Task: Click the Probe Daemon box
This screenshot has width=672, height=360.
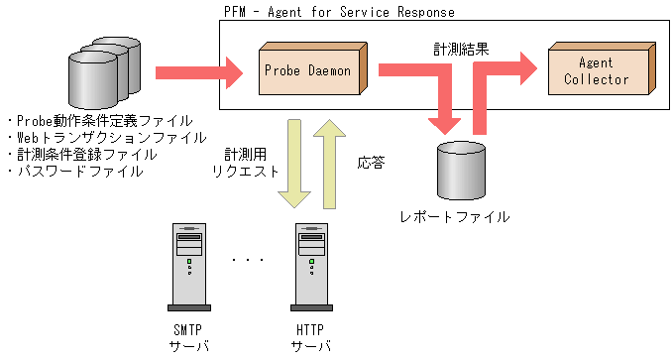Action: click(311, 70)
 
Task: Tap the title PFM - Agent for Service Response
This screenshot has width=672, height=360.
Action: click(340, 12)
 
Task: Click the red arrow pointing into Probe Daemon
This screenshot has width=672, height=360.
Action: click(198, 71)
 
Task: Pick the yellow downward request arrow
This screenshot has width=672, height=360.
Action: click(293, 164)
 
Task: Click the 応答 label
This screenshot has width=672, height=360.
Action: click(371, 163)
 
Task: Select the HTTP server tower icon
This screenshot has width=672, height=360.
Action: click(310, 263)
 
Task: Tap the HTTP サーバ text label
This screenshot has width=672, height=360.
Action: click(310, 338)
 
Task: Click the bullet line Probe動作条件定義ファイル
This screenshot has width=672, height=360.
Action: click(100, 120)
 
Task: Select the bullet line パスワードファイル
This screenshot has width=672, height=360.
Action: click(75, 171)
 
